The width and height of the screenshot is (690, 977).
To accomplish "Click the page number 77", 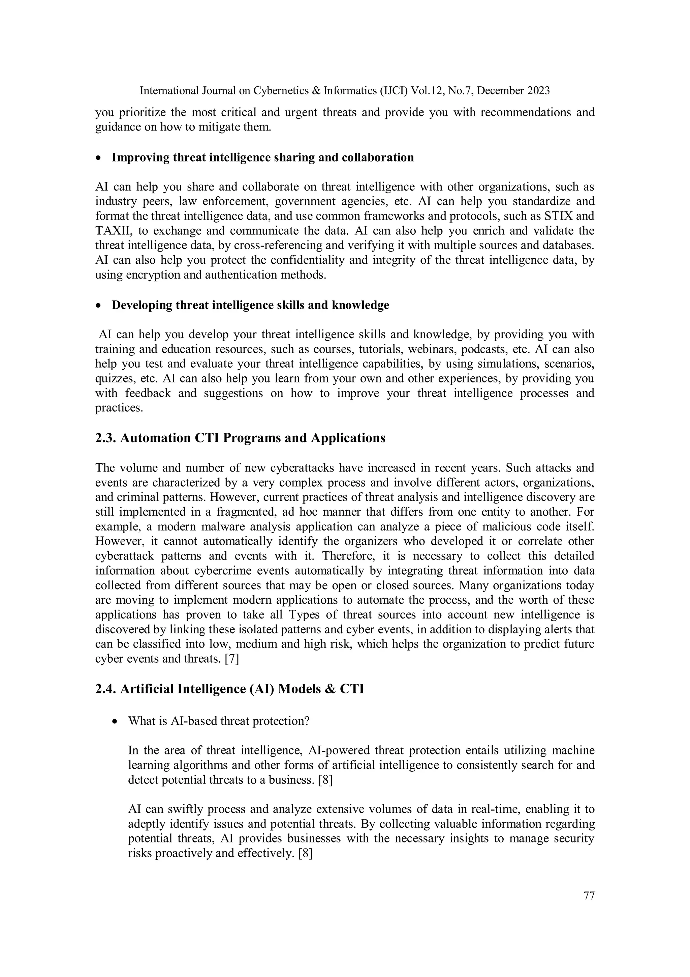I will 589,895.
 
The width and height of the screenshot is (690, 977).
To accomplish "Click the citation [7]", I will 232,659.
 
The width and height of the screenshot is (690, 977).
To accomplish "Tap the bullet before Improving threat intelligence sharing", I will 99,158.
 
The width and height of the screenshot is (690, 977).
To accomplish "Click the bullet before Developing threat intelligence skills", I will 99,306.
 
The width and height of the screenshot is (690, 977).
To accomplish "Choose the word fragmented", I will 251,512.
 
